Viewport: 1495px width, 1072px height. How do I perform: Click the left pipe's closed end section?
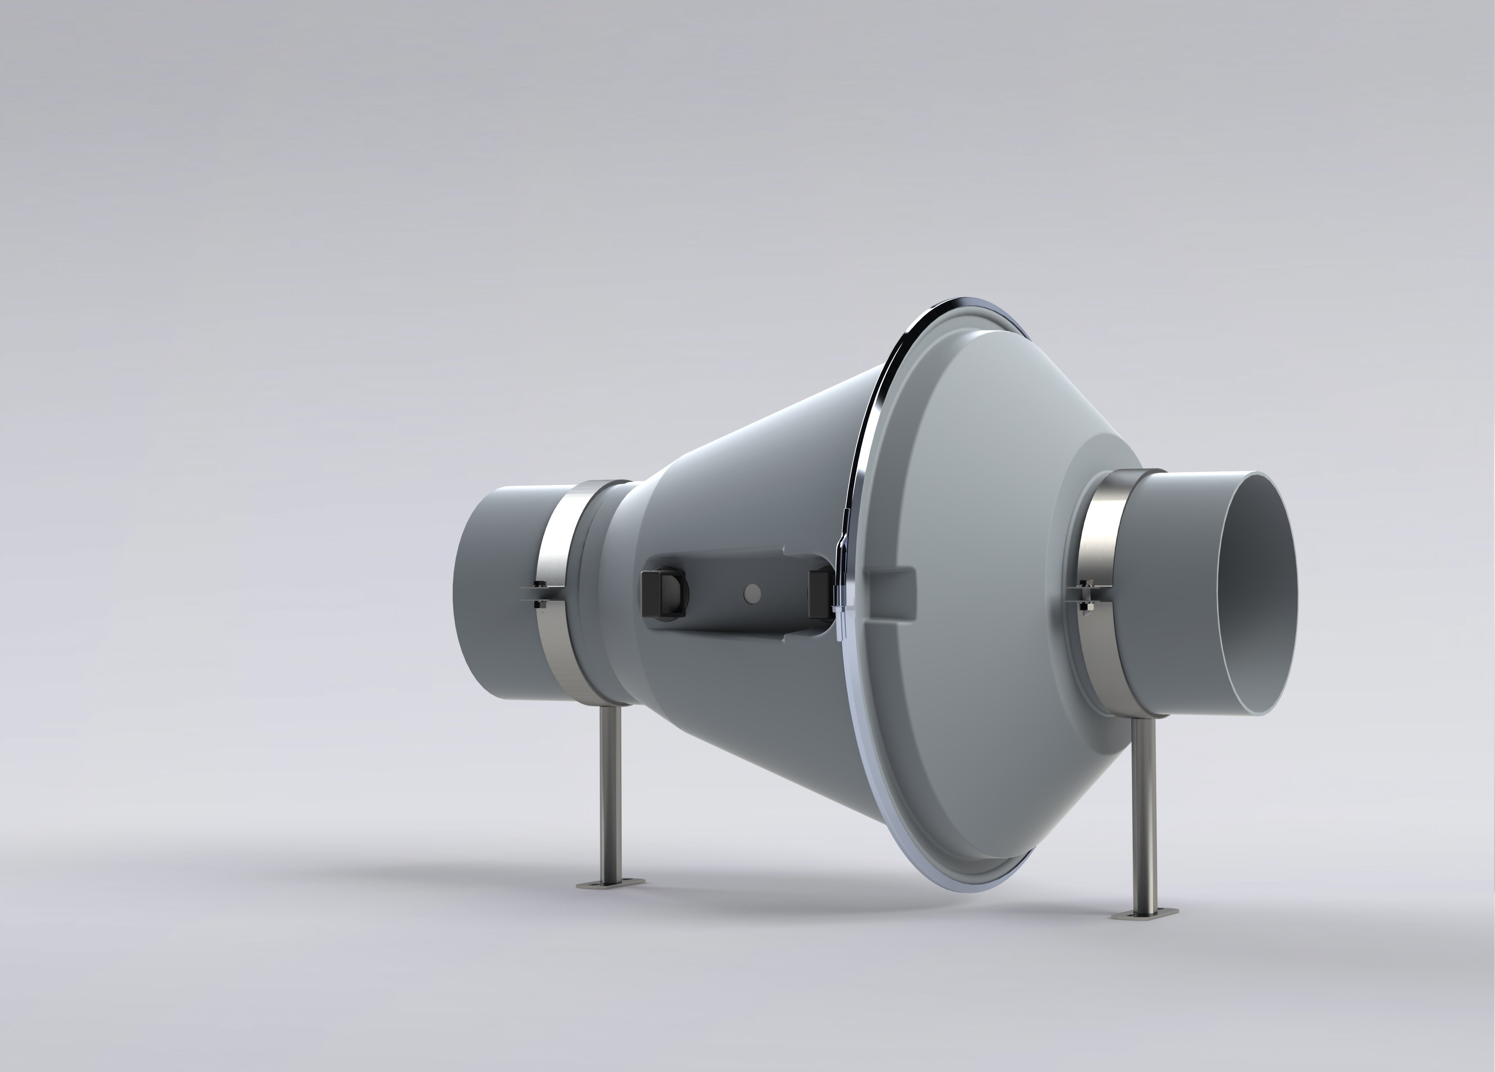tap(494, 593)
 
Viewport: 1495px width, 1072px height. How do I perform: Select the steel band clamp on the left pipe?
tap(558, 593)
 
